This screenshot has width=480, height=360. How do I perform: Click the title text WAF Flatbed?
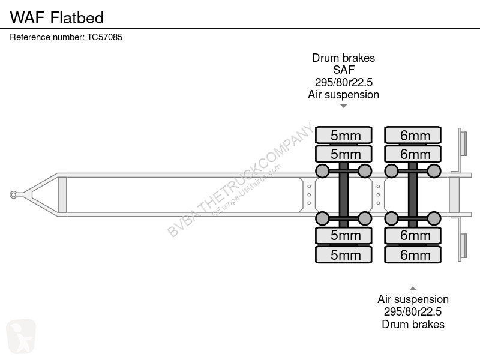[x=57, y=17]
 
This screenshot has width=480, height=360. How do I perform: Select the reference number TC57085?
[x=104, y=37]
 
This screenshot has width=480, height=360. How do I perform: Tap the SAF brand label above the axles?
[x=343, y=70]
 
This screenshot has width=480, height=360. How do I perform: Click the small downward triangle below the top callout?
[x=343, y=106]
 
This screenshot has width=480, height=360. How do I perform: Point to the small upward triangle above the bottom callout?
[x=413, y=289]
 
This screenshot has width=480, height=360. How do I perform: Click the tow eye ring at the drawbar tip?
[x=13, y=194]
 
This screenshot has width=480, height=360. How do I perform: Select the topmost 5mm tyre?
[x=344, y=135]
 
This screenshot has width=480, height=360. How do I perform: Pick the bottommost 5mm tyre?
[x=344, y=254]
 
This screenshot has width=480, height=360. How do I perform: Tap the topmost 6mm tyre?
[x=413, y=135]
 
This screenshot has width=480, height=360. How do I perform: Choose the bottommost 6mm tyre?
[x=413, y=254]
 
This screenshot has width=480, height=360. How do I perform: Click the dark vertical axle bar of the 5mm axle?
[x=343, y=194]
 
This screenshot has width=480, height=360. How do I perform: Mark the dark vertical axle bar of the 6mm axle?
[x=413, y=194]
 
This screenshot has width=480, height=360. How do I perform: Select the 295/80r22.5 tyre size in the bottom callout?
[x=413, y=311]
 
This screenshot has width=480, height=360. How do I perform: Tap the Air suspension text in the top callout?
[x=343, y=95]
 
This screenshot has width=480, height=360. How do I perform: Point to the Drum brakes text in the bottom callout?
[x=413, y=324]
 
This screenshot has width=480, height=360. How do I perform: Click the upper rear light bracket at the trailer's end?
[x=462, y=151]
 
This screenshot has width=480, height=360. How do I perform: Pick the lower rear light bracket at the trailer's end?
[x=462, y=238]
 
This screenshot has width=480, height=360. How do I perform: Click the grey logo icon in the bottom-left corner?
[x=21, y=336]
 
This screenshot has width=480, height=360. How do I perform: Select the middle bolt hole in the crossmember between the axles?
[x=379, y=194]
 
